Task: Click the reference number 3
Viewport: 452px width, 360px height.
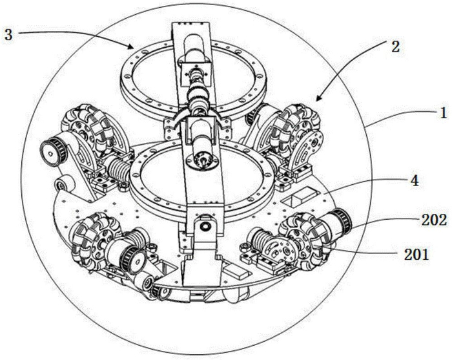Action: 8,35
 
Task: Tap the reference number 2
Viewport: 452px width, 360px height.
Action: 395,46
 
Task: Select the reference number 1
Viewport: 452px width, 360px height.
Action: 442,113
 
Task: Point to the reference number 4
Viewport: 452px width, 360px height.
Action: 415,180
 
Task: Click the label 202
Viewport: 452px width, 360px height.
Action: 434,221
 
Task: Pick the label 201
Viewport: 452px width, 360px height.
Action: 416,255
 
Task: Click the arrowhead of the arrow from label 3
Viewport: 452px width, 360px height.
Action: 132,47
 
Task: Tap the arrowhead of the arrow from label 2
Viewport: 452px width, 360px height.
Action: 318,98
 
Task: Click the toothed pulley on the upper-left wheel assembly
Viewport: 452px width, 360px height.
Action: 54,151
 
